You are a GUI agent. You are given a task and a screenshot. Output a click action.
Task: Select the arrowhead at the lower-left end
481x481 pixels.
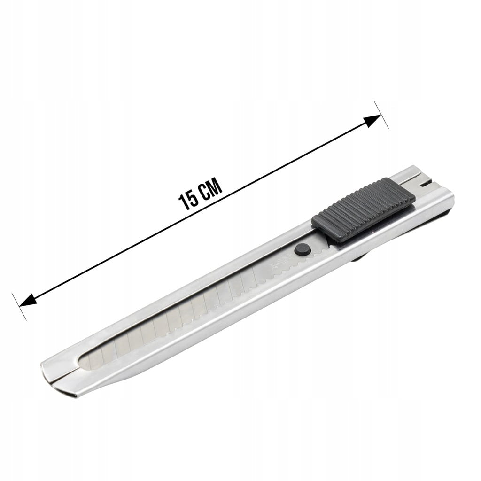click(x=28, y=300)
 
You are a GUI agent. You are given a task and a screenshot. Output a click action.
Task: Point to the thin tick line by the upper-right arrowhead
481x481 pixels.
click(x=381, y=115)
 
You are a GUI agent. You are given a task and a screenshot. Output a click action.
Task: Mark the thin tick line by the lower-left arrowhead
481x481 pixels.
click(x=19, y=306)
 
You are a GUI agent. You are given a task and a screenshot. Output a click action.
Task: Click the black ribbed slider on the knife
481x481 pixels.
click(x=364, y=210)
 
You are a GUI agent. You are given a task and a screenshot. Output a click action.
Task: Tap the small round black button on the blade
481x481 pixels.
click(x=302, y=249)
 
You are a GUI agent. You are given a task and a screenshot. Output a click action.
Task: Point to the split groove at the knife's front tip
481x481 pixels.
click(x=63, y=375)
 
